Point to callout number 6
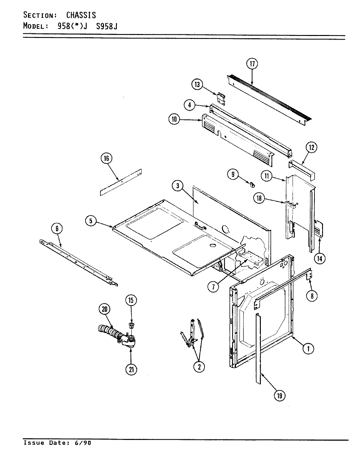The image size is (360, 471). tap(57, 229)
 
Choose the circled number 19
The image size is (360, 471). tap(279, 395)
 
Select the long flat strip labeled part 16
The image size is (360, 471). tap(121, 182)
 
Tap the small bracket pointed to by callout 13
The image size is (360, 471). tap(221, 98)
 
